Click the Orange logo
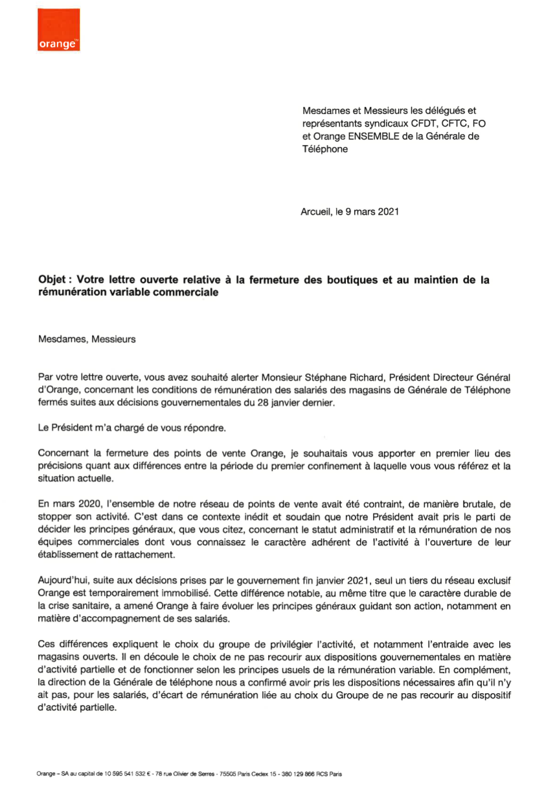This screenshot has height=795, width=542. [59, 30]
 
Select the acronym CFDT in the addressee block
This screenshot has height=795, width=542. [416, 123]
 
